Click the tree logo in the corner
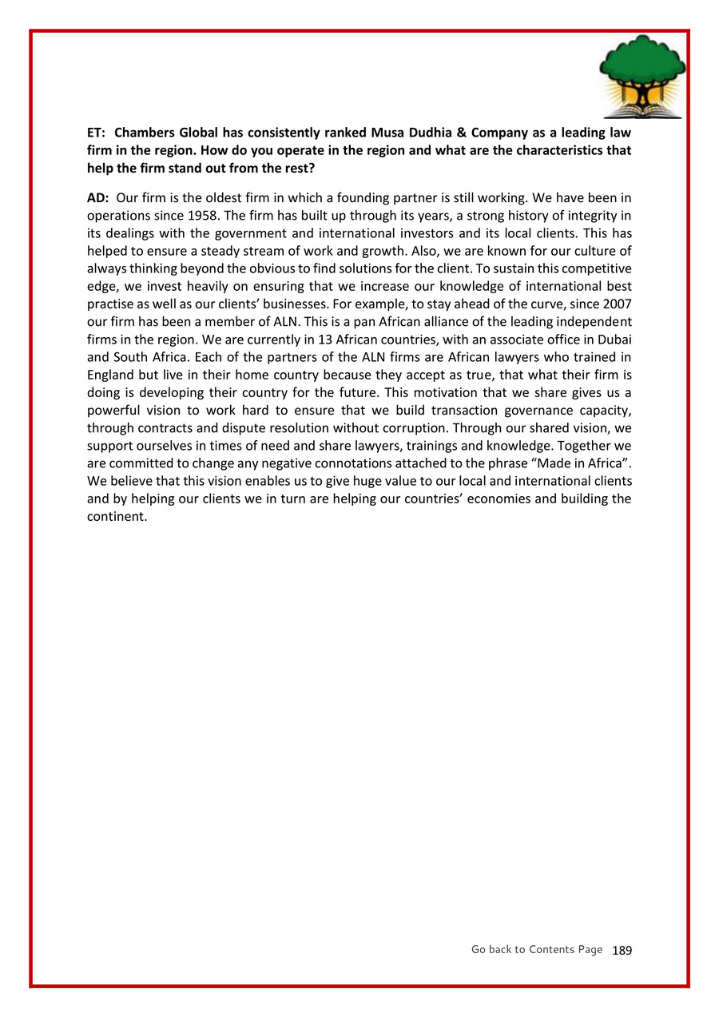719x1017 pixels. [x=642, y=77]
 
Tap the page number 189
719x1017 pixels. [x=622, y=950]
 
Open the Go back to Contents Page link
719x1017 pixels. [x=536, y=949]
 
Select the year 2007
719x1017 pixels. [x=618, y=304]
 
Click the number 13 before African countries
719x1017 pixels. [x=337, y=339]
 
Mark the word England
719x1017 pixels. [x=112, y=373]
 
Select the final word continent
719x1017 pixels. [x=117, y=516]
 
